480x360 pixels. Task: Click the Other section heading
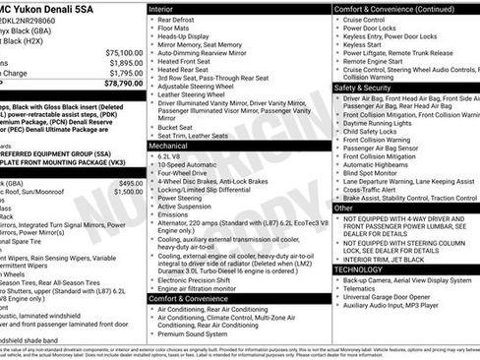344,209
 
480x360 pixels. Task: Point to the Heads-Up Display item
190,36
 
